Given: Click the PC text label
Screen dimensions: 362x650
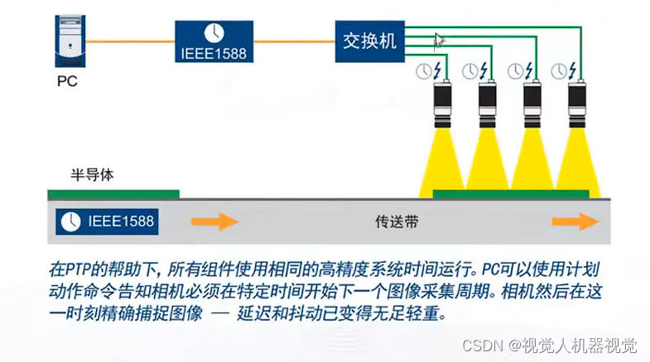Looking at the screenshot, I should point(67,82).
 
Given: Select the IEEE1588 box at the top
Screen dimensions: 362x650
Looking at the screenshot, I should point(214,40).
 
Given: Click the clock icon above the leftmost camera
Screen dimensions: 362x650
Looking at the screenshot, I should point(423,71).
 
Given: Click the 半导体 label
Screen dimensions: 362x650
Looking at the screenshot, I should point(91,175).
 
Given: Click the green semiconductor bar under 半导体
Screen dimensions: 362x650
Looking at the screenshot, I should point(113,194).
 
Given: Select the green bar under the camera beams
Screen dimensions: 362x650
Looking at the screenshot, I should point(510,194).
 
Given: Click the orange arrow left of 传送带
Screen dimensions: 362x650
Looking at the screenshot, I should point(214,221).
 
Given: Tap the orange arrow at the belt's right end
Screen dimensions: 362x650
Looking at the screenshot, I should point(575,221).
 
